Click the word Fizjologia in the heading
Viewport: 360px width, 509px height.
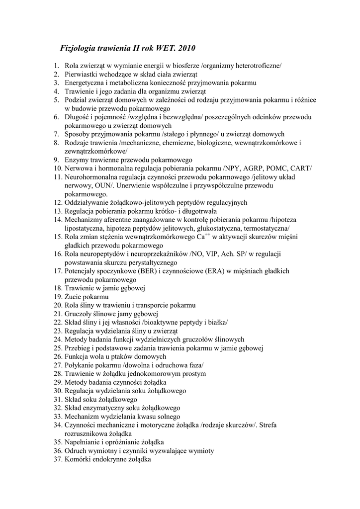coord(80,48)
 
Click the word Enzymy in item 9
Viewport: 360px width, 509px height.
coord(76,160)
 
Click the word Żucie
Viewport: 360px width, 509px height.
coord(74,297)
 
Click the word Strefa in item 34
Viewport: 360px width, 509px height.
coord(267,425)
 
